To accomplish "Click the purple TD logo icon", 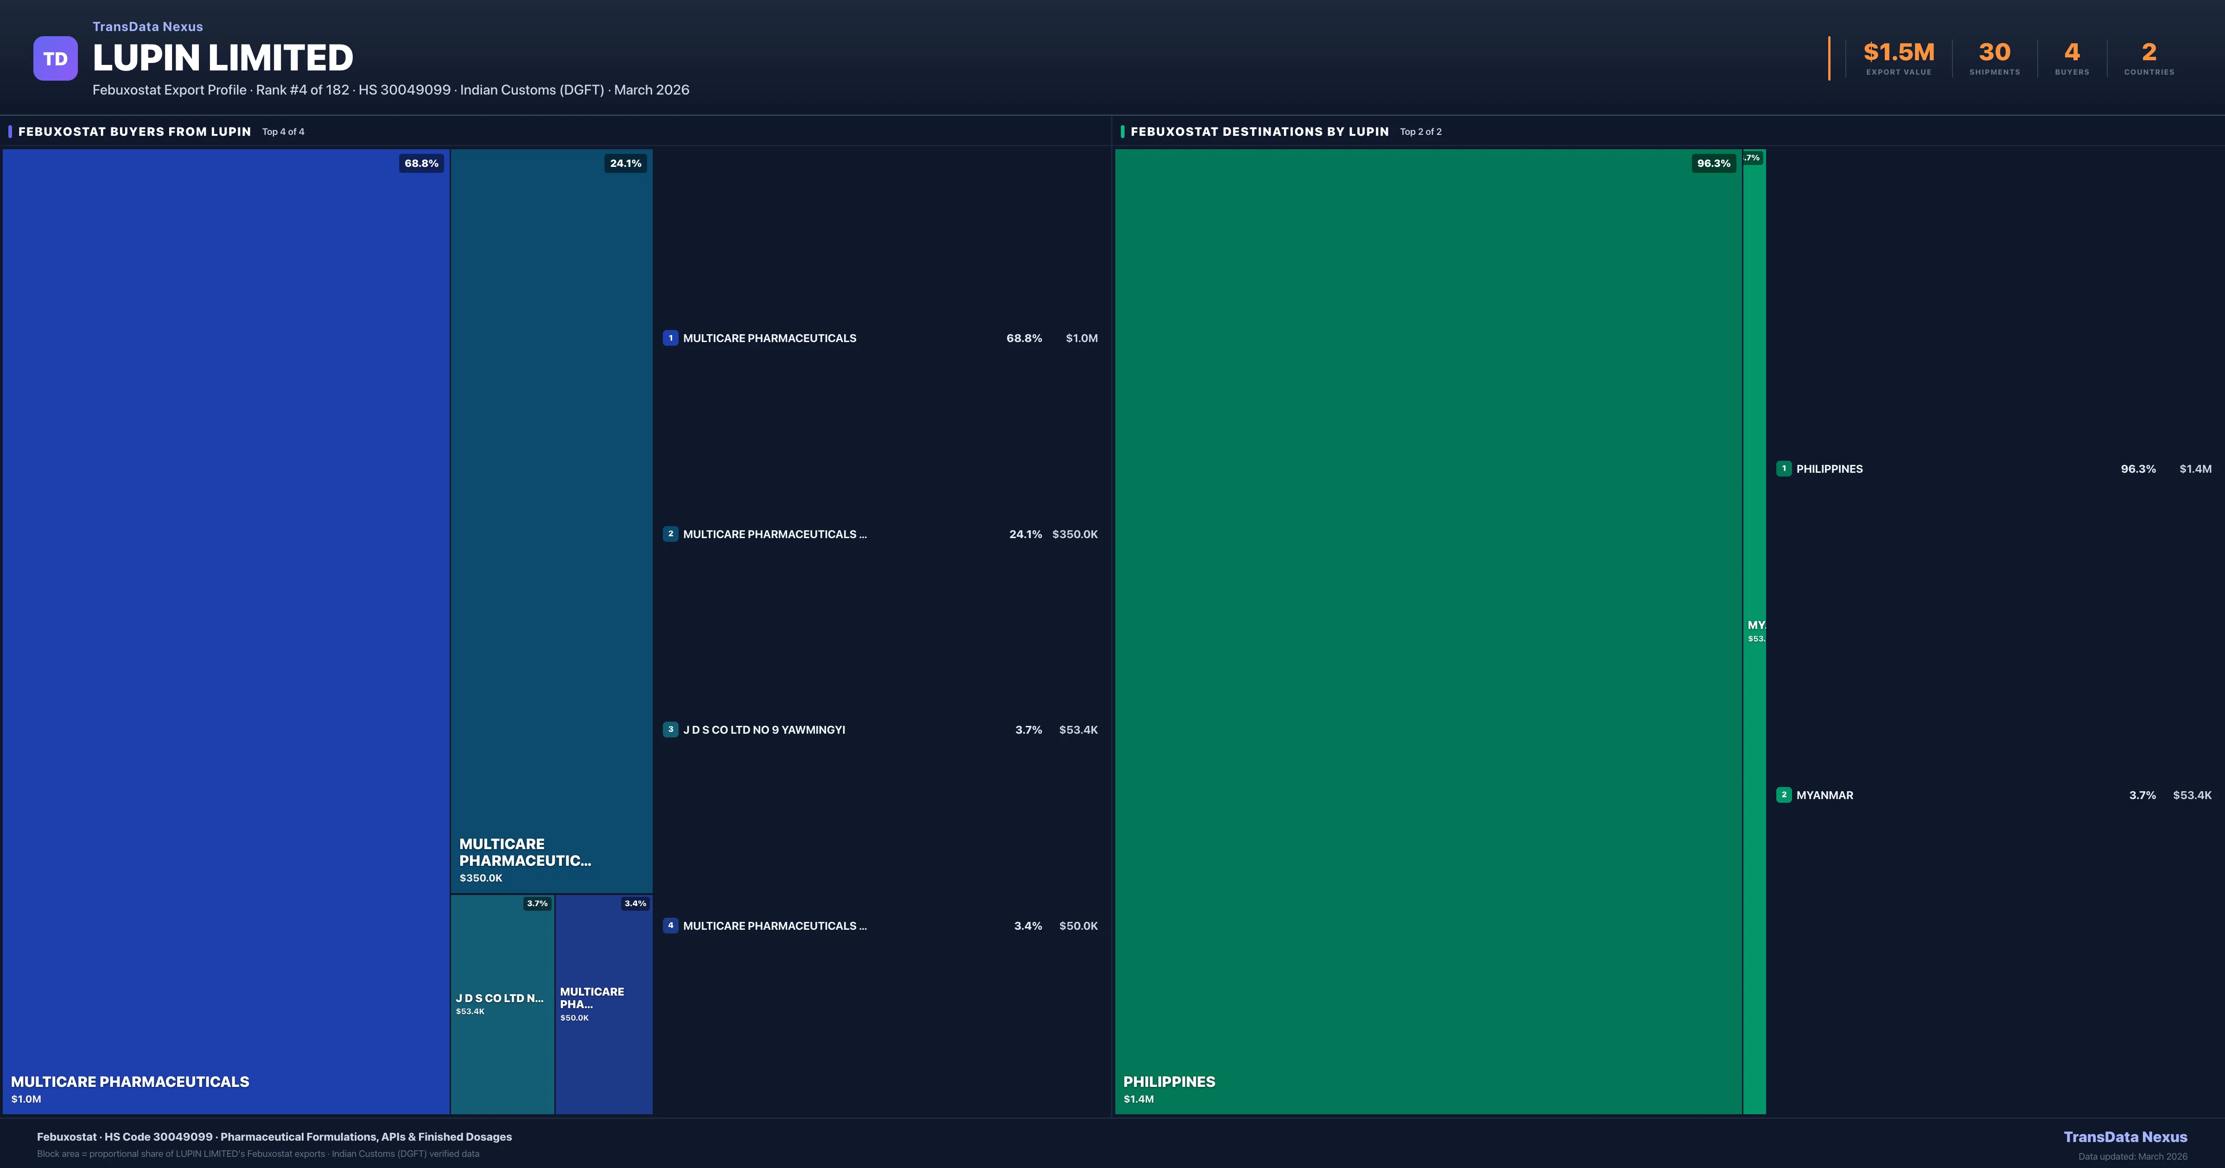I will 55,59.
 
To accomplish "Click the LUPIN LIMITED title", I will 223,58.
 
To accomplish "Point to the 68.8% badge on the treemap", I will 421,163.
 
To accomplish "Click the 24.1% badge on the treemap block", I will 625,163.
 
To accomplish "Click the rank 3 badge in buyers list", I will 670,729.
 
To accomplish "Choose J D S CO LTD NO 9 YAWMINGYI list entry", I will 763,730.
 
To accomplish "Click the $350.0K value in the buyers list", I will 1074,534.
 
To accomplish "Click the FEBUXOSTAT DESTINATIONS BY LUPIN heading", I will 1259,131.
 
